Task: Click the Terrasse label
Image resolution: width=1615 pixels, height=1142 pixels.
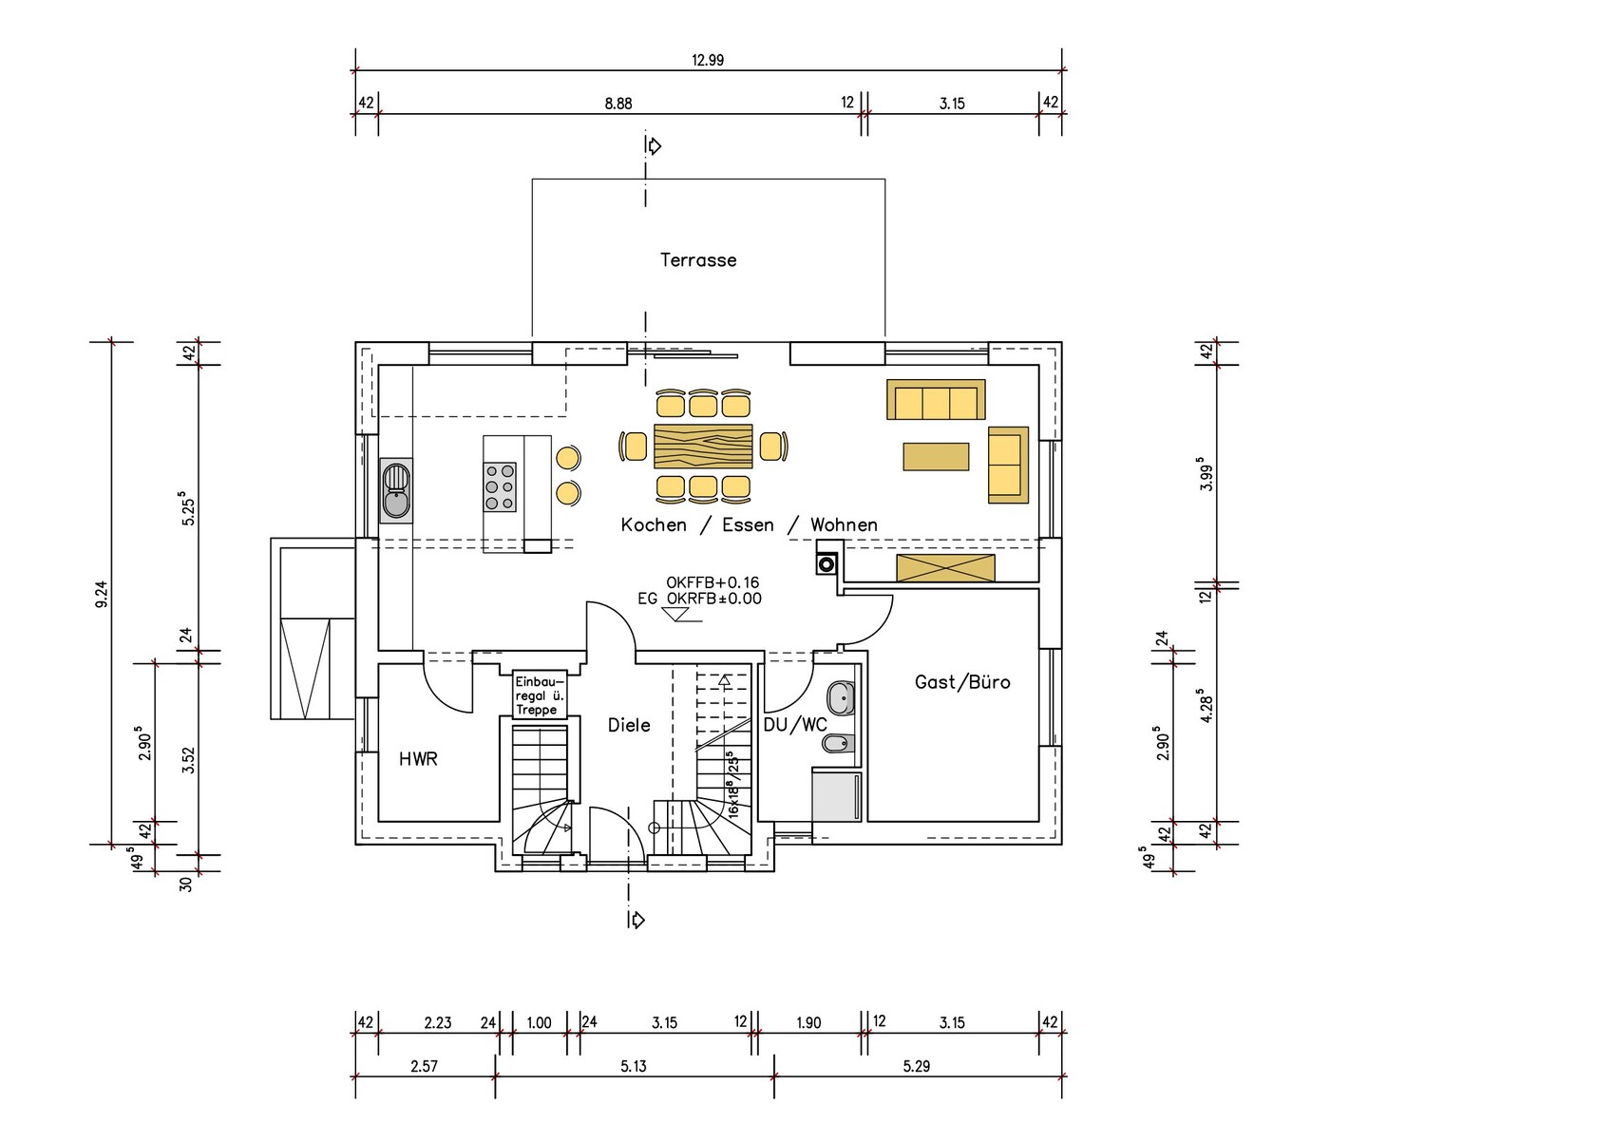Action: tap(698, 259)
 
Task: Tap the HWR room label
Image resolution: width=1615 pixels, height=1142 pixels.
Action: tap(418, 758)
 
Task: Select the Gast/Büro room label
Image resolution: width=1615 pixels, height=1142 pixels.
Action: tap(962, 682)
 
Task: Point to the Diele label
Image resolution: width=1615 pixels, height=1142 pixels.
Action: tap(629, 725)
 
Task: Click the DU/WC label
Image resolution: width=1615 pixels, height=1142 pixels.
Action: tap(795, 725)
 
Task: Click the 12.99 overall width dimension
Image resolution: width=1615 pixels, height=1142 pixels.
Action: tap(708, 60)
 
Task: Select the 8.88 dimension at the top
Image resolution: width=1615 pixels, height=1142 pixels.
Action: tap(617, 104)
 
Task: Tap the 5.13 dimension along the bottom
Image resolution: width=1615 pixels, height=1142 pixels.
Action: tap(633, 1066)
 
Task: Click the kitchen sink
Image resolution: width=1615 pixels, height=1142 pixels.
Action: tap(396, 490)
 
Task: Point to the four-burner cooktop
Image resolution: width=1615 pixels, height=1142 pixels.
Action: tap(500, 486)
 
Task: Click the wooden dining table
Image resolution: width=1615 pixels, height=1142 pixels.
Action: tap(703, 446)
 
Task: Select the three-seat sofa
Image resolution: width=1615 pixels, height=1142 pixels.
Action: tap(936, 399)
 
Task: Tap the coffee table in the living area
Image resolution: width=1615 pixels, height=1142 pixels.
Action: tap(936, 456)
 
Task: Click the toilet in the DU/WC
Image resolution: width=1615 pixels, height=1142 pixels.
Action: tap(839, 743)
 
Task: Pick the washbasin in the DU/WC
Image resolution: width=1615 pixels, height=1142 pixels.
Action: tap(841, 698)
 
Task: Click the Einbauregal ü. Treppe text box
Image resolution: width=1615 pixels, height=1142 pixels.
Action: tap(540, 695)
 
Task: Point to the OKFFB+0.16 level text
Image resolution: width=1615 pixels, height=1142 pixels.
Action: tap(712, 581)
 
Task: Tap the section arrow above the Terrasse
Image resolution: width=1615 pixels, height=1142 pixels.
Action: tap(654, 146)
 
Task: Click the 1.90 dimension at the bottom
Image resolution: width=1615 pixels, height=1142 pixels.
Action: tap(808, 1022)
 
